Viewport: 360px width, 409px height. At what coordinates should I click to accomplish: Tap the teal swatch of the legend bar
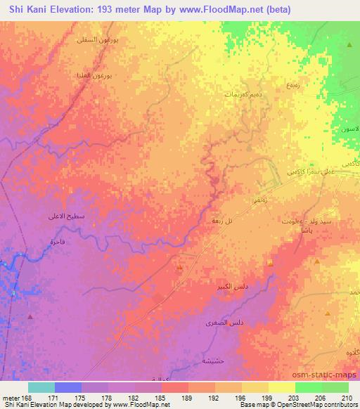pyautogui.click(x=41, y=387)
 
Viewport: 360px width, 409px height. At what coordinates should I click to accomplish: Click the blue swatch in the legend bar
pyautogui.click(x=67, y=387)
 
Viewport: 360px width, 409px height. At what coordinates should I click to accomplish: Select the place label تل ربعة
pyautogui.click(x=214, y=220)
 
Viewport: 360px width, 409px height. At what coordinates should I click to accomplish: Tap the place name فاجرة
pyautogui.click(x=57, y=241)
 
